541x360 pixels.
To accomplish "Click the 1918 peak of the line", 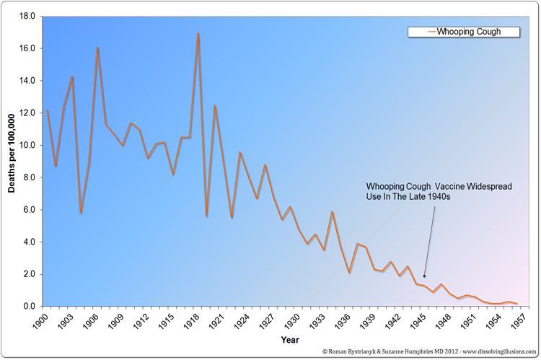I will [x=198, y=33].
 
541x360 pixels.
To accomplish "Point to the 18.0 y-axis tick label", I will [x=27, y=16].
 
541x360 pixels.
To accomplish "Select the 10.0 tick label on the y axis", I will [x=27, y=145].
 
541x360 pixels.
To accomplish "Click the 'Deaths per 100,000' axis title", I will [x=12, y=153].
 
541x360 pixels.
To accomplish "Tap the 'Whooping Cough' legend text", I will [x=468, y=32].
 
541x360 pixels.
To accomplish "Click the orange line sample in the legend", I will [x=423, y=32].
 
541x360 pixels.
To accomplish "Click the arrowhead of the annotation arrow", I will [x=424, y=276].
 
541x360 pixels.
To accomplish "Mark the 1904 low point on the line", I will [x=81, y=213].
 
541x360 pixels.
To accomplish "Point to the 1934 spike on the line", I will [x=332, y=211].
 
